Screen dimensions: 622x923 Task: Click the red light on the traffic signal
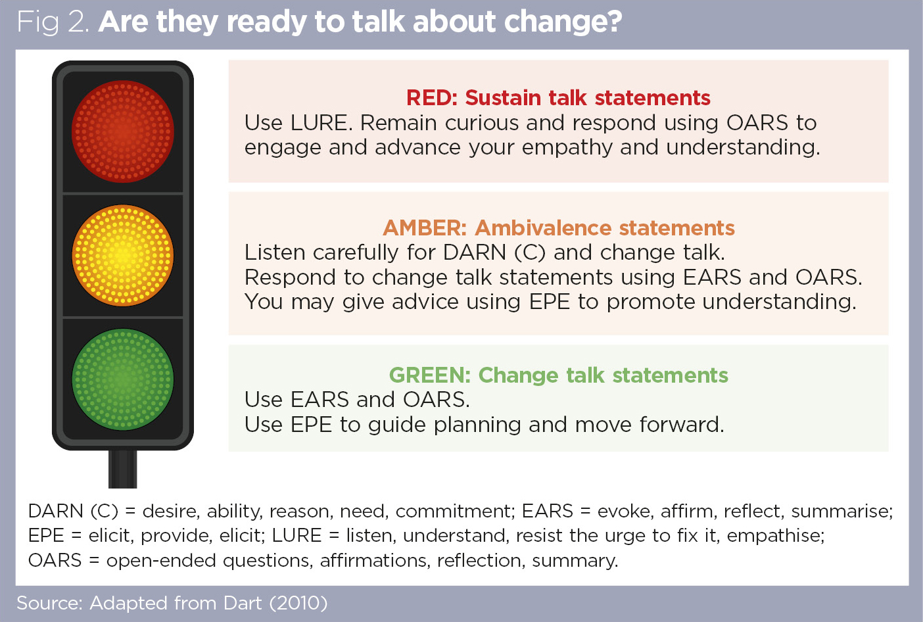(x=122, y=131)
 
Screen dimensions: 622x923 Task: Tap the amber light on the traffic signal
(x=122, y=255)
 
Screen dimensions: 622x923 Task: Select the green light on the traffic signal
(x=122, y=379)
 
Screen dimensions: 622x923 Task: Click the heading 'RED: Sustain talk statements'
(x=558, y=97)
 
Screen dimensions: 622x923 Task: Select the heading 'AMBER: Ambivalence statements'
(x=558, y=227)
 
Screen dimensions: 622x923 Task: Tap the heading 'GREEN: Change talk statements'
(x=558, y=375)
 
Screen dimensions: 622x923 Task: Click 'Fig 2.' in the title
(x=53, y=22)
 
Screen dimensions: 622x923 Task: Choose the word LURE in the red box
(x=319, y=123)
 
